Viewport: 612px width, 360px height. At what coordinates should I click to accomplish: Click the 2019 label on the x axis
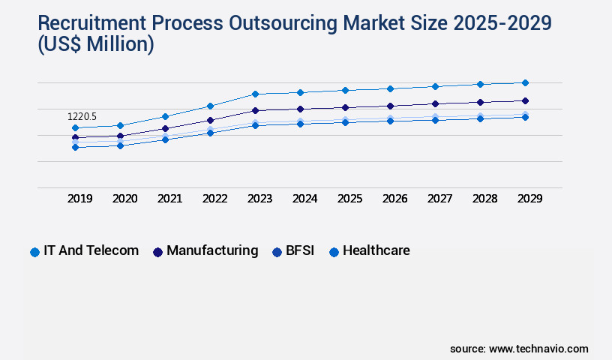point(79,199)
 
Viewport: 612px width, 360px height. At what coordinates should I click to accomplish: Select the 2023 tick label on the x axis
point(259,199)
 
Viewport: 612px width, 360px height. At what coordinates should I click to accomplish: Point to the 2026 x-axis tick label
point(394,199)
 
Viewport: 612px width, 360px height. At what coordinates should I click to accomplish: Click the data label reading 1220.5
point(82,117)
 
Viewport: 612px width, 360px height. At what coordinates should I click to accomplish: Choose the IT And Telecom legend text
point(92,250)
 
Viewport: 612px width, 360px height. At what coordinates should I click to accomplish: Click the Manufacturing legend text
point(212,250)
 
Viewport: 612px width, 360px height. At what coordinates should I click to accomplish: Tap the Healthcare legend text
point(376,250)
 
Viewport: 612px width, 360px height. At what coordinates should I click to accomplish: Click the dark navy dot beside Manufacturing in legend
point(157,252)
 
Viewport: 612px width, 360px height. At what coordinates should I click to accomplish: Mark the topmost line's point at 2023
point(255,94)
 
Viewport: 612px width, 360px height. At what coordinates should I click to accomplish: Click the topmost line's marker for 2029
point(525,82)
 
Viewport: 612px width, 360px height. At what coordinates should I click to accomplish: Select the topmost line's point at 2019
point(75,127)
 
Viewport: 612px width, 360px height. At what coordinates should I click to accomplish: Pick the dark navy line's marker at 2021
point(165,128)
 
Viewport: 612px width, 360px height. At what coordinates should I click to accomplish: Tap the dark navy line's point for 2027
point(435,103)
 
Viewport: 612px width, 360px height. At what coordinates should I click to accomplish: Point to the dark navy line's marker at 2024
point(300,109)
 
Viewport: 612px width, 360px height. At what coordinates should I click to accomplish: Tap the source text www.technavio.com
point(538,349)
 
